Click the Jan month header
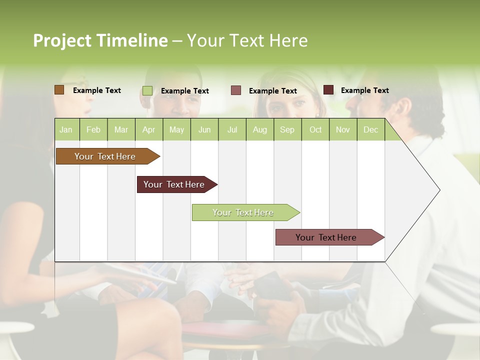66,129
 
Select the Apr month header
149,129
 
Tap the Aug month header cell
259,129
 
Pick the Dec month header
370,129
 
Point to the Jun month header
204,129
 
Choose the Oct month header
315,129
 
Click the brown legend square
59,90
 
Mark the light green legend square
147,90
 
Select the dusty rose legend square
236,90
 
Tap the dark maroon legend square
328,90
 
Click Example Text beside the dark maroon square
364,90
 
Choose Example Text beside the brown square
96,90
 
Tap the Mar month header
121,129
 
